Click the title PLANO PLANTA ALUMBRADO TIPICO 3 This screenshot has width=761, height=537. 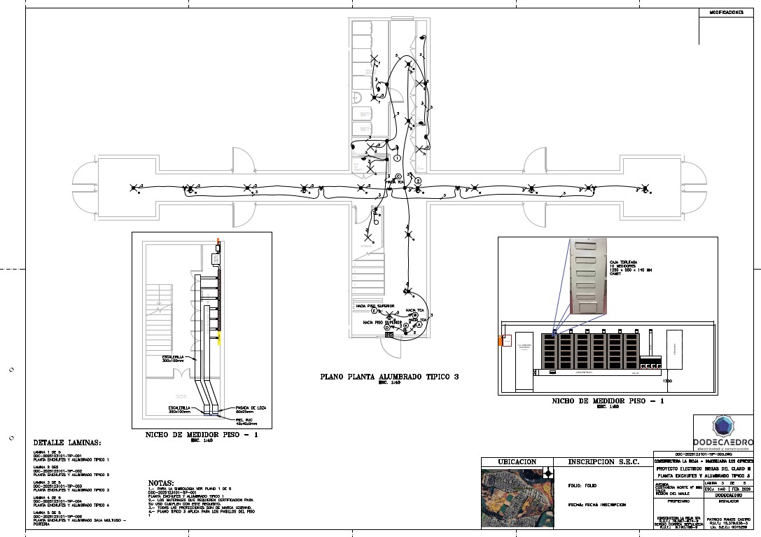tap(389, 377)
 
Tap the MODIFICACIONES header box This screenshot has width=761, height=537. tap(726, 13)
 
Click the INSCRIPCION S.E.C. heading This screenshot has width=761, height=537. tap(603, 463)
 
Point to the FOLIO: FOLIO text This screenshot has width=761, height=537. tap(581, 485)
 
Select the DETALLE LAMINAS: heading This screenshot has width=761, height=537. tap(67, 443)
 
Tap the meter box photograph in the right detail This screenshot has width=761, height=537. tap(586, 274)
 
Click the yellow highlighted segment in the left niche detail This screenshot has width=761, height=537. tap(220, 340)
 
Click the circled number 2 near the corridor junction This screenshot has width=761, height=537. tap(418, 181)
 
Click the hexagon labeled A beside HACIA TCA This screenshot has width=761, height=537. tap(415, 316)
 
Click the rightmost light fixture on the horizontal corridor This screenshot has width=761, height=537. tap(645, 188)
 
